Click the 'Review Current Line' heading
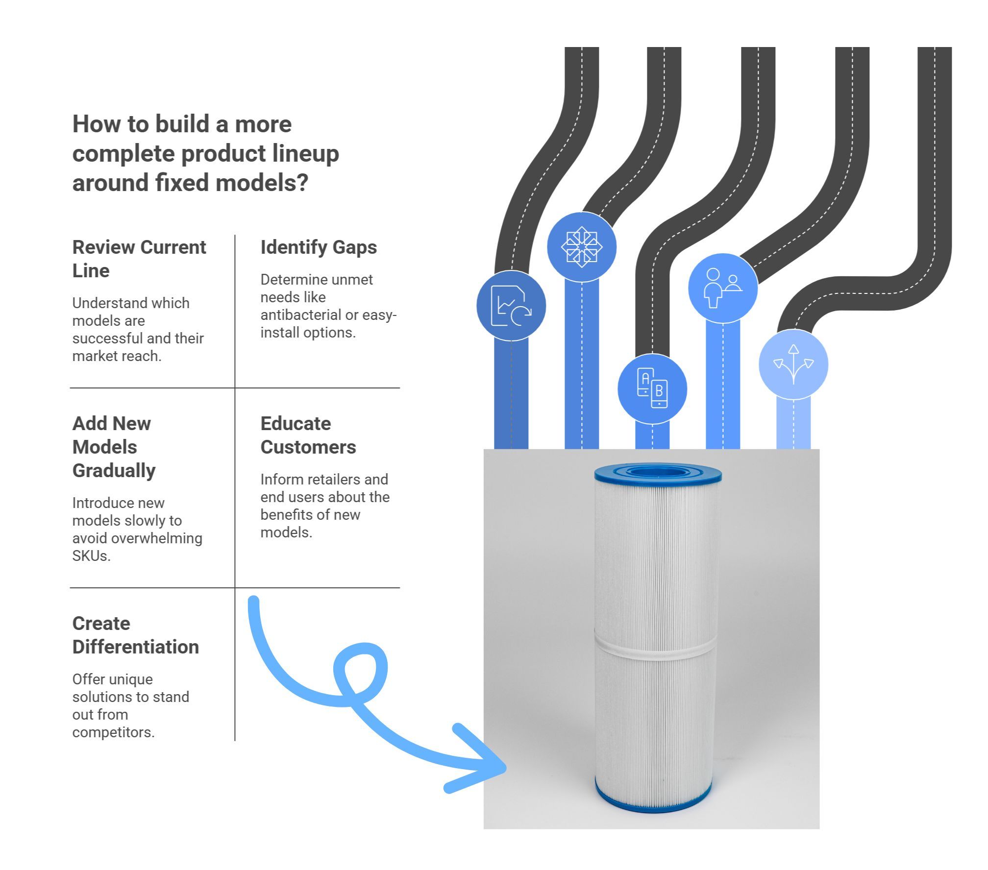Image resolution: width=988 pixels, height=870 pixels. (x=139, y=259)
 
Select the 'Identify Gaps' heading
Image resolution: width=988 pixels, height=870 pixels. (x=319, y=247)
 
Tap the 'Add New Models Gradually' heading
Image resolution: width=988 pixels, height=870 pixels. (x=114, y=447)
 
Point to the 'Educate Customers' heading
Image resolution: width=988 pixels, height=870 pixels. (x=308, y=435)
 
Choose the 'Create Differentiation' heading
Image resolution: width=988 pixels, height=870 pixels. (x=135, y=635)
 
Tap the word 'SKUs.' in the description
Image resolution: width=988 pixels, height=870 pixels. (x=92, y=556)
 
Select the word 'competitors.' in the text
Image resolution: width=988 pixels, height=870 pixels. (x=113, y=732)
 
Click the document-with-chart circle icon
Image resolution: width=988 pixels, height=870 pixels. (x=511, y=306)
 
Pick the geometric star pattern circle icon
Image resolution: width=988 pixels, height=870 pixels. (x=582, y=247)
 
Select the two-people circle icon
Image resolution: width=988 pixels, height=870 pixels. (x=723, y=288)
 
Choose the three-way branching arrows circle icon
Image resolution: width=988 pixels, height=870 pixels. (x=793, y=364)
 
